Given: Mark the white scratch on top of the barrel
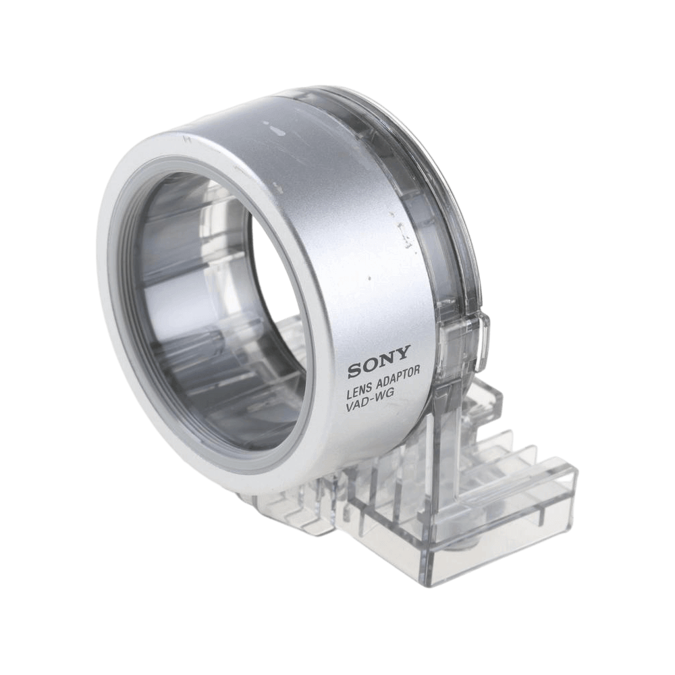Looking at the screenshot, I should [275, 127].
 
